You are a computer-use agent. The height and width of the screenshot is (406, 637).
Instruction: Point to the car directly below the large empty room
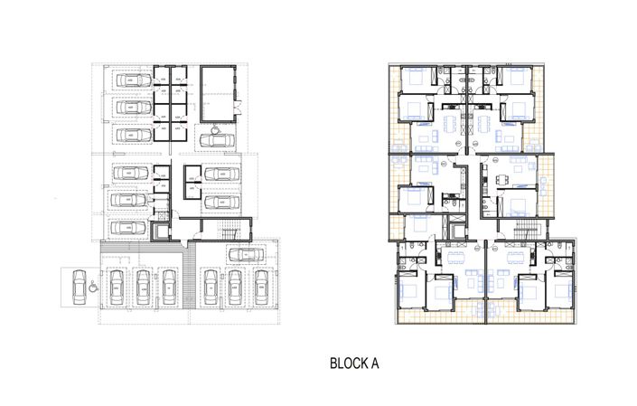point(217,139)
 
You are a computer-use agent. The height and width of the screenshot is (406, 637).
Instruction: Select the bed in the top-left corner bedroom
point(417,80)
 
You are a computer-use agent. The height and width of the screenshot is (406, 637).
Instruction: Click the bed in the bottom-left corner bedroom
point(407,291)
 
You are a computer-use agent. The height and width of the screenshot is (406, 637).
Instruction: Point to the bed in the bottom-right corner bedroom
point(559,291)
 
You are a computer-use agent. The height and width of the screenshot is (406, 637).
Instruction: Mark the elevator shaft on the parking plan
point(163,231)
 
